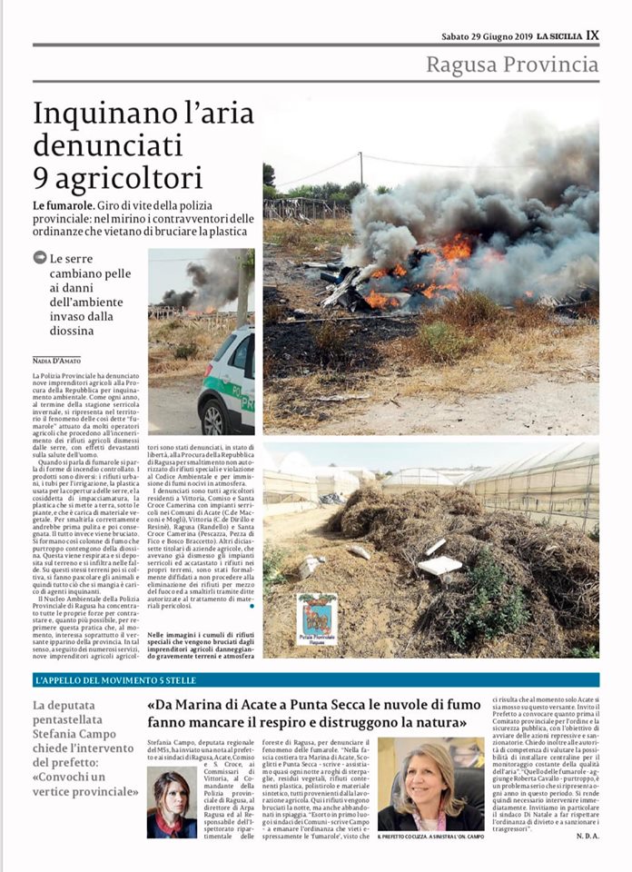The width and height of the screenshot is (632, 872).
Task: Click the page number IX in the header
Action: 592,35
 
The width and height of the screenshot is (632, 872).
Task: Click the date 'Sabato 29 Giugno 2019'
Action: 486,36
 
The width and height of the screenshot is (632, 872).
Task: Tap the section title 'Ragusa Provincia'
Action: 513,64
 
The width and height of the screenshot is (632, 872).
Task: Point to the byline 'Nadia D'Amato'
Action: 57,361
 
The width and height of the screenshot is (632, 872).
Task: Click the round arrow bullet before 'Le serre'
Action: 39,257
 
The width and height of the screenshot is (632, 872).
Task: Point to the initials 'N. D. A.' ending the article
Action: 587,836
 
